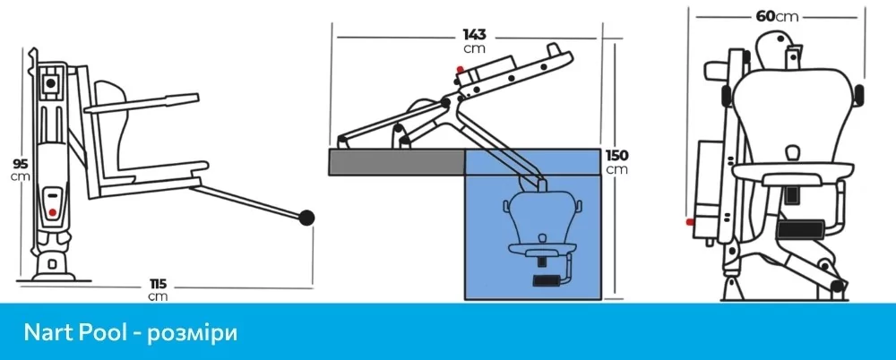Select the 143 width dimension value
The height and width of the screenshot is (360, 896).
tap(474, 36)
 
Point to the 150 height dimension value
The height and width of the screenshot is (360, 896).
tap(617, 156)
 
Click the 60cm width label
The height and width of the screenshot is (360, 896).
tap(777, 16)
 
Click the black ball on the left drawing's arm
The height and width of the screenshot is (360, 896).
tap(306, 217)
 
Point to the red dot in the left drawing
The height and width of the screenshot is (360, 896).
tap(53, 212)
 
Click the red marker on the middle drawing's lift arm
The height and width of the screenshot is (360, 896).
tap(460, 69)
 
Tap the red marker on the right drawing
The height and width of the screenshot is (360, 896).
tap(690, 221)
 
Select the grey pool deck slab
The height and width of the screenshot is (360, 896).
tap(397, 162)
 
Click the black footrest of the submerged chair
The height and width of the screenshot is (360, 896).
tap(547, 280)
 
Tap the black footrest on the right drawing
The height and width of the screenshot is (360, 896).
tap(800, 228)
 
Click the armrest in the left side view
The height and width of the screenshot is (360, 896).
tap(142, 103)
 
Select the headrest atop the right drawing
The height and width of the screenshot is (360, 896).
tap(775, 44)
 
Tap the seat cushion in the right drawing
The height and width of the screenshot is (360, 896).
tap(793, 172)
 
